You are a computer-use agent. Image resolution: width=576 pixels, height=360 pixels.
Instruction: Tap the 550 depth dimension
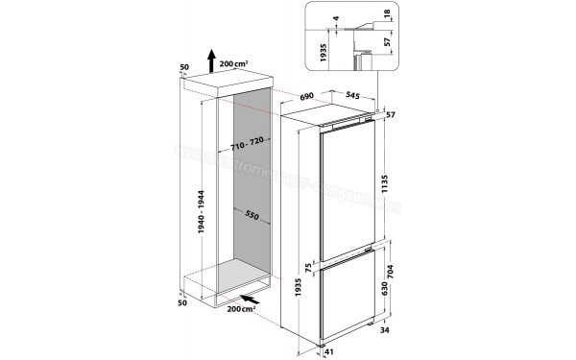251,216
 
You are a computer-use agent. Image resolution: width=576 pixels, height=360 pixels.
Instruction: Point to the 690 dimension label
306,97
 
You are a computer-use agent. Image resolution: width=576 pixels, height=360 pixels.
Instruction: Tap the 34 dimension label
385,333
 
